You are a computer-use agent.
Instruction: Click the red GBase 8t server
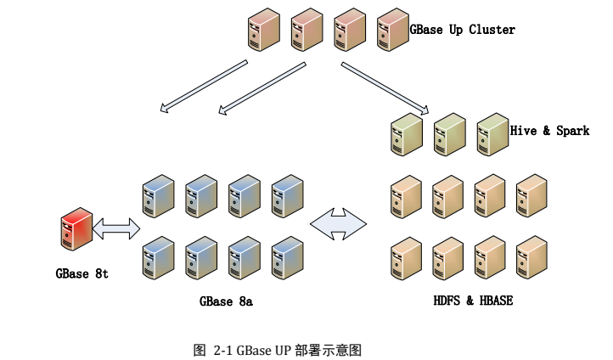click(x=76, y=230)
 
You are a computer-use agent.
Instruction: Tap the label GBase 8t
click(x=82, y=273)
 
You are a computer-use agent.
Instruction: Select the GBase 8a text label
click(x=226, y=301)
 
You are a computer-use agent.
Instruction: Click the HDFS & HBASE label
click(x=473, y=301)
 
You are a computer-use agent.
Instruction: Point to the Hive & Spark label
click(x=549, y=131)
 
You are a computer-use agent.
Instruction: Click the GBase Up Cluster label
click(x=462, y=30)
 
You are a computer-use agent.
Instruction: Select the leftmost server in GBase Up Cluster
click(x=263, y=29)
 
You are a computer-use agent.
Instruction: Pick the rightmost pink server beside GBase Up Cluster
click(x=391, y=29)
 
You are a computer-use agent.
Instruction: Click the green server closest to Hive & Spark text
click(x=492, y=134)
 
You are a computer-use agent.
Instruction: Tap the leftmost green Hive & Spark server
click(x=406, y=134)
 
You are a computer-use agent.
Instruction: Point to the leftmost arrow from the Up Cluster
click(x=204, y=86)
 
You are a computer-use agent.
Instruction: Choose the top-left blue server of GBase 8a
click(x=158, y=196)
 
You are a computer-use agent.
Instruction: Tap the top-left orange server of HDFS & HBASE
click(x=406, y=196)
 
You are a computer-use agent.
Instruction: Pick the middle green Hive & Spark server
click(x=449, y=134)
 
